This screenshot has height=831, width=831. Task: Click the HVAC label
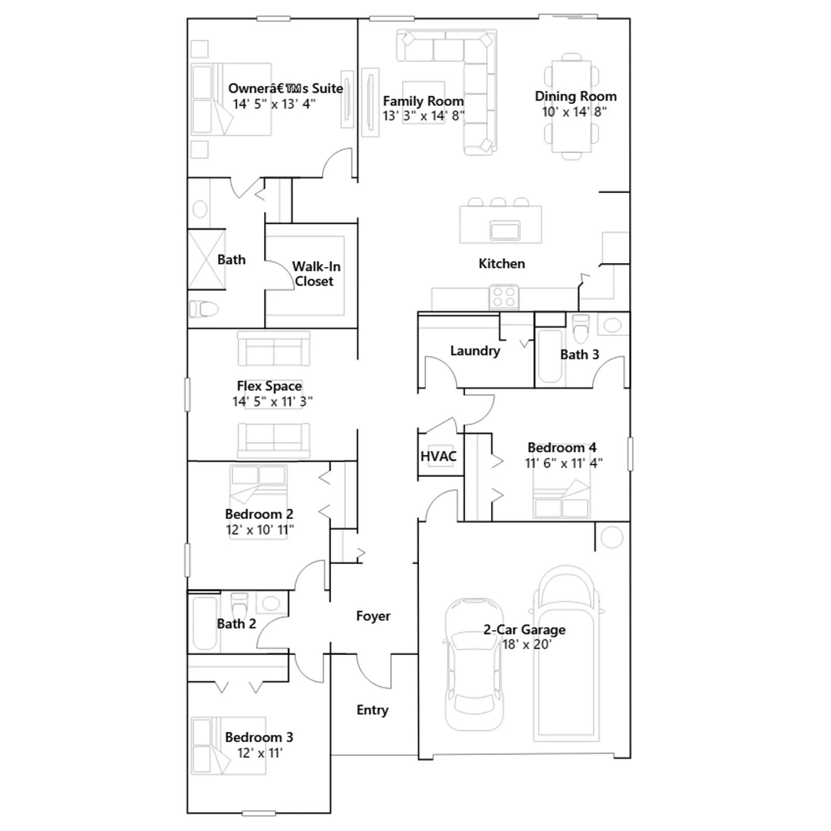438,457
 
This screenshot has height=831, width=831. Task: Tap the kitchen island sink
505,230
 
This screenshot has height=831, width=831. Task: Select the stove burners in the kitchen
504,297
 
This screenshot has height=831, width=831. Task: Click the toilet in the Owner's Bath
204,309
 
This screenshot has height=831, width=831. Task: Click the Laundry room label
475,351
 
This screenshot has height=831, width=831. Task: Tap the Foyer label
373,616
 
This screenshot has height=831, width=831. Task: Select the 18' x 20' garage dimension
526,645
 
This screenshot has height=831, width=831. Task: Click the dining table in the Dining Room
571,106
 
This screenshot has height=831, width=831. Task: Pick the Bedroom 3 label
259,737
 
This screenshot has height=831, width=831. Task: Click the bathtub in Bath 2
204,623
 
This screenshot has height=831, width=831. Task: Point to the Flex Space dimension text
272,401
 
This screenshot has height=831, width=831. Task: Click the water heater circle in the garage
611,537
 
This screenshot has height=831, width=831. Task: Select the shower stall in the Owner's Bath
206,259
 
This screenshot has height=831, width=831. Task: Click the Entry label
372,710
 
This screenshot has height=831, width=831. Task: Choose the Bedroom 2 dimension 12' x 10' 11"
260,530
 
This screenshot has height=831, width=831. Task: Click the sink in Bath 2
270,603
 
